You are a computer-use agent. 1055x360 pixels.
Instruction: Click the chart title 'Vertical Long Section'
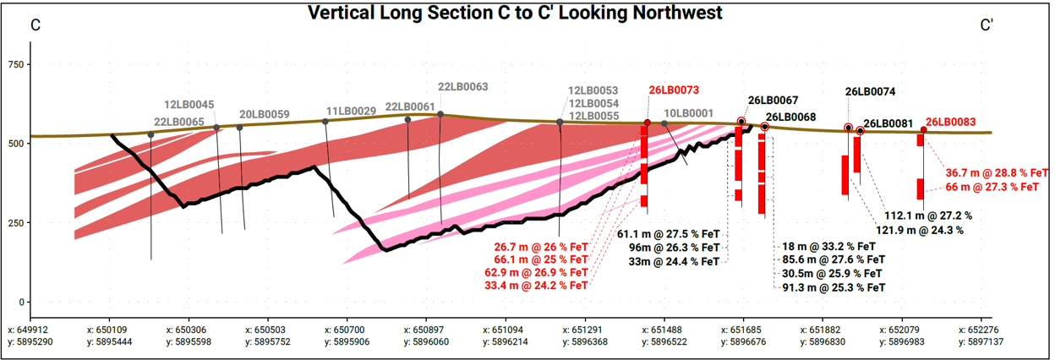[x=407, y=13]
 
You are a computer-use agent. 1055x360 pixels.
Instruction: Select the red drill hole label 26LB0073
[x=674, y=90]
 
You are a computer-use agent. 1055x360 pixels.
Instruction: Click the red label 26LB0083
[x=950, y=122]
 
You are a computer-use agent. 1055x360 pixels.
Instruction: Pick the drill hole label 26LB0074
[x=870, y=91]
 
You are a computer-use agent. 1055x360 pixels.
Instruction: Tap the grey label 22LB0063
[x=463, y=86]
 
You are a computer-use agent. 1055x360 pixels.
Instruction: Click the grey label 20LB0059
[x=265, y=114]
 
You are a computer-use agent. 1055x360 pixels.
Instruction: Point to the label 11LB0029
[x=352, y=111]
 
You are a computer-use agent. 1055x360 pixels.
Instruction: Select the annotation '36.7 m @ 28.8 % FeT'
[x=997, y=172]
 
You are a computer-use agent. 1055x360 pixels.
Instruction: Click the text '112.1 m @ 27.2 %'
[x=928, y=215]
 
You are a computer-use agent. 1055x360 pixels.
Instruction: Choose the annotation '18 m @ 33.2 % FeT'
[x=828, y=246]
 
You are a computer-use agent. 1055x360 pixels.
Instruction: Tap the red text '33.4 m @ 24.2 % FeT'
[x=536, y=285]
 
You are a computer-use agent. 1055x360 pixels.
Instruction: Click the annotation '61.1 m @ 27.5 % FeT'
[x=669, y=234]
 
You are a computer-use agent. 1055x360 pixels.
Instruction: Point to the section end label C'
[x=987, y=25]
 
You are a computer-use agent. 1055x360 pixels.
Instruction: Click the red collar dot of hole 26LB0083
[x=924, y=130]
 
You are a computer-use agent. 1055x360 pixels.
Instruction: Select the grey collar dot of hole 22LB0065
[x=150, y=135]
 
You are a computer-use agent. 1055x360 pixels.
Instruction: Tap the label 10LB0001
[x=689, y=113]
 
